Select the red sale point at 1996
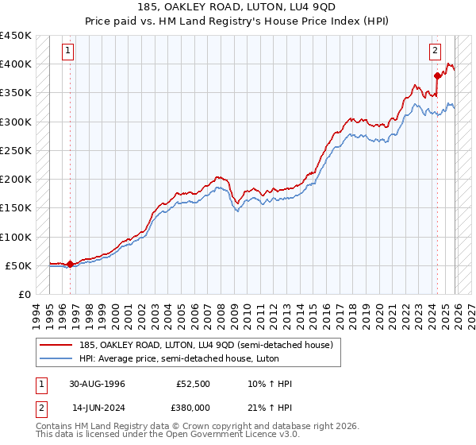click(x=70, y=264)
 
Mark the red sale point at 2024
click(x=437, y=75)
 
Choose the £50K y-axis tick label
click(x=19, y=265)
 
